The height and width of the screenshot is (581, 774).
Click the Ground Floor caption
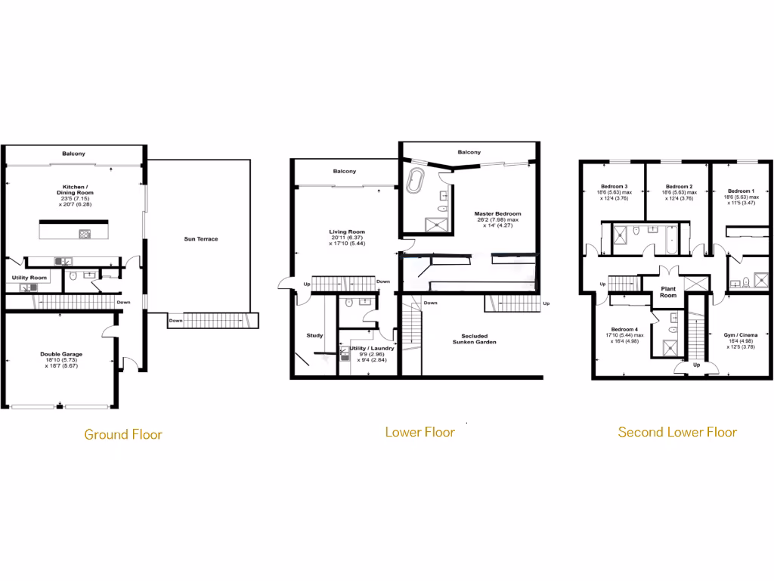[x=122, y=434]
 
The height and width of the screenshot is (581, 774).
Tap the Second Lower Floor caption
[x=677, y=432]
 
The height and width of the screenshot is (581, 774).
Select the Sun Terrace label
[x=201, y=239]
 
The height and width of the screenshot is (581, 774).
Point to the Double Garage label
[x=61, y=354]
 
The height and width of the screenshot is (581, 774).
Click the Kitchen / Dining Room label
[x=75, y=189]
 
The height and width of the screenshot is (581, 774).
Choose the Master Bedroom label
[x=497, y=214]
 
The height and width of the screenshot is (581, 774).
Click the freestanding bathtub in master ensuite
[x=416, y=182]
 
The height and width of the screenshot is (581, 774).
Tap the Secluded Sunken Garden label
[x=475, y=339]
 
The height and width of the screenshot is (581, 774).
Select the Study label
[x=314, y=335]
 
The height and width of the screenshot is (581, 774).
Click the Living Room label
[x=347, y=232]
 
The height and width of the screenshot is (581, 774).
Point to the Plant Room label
[x=668, y=292]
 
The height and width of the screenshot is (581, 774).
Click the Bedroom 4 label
[x=624, y=329]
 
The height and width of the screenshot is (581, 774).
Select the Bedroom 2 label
[x=679, y=186]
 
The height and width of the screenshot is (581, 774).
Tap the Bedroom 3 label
[x=614, y=186]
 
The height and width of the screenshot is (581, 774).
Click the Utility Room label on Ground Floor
[x=29, y=278]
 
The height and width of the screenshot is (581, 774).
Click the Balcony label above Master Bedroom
[x=469, y=152]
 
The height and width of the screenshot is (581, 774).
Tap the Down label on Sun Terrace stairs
[x=175, y=320]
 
